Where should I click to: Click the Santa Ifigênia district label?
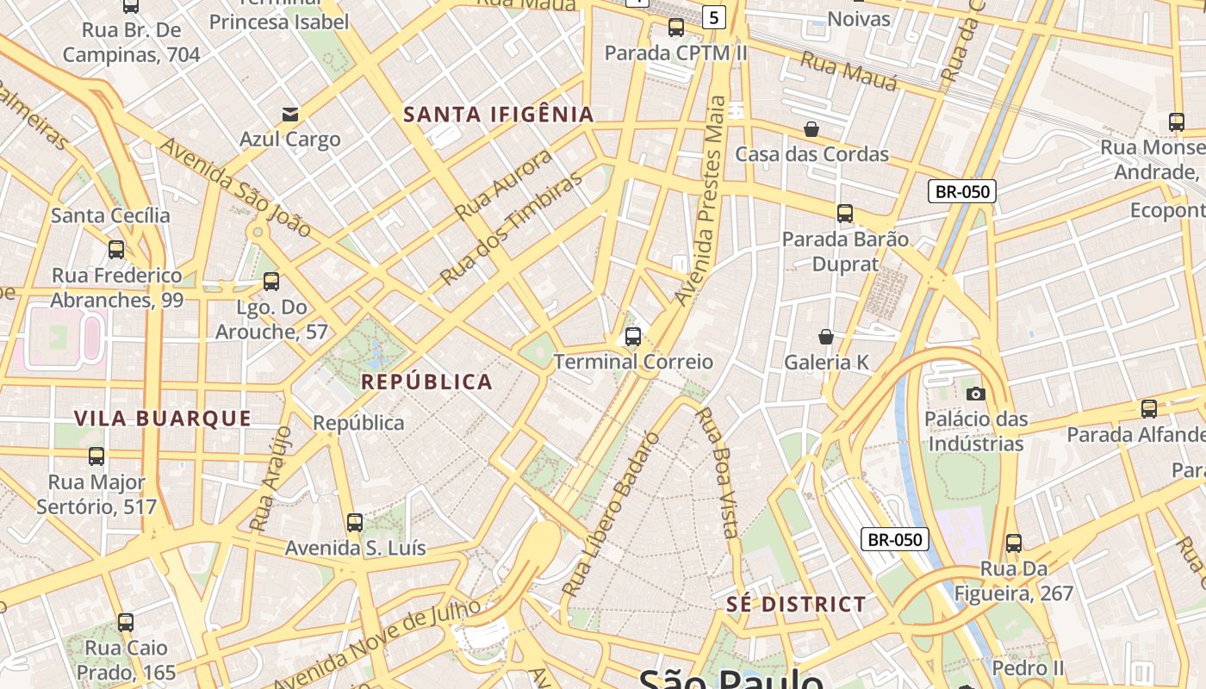coord(499,115)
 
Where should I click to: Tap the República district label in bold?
coord(426,382)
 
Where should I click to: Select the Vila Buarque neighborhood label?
coord(163,419)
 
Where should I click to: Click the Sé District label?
coord(796,604)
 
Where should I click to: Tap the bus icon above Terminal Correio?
coord(633,337)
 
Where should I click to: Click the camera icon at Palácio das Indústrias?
coord(976,394)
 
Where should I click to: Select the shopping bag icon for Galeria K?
coord(826,337)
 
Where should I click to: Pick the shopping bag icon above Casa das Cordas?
coord(811,129)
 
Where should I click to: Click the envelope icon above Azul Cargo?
coord(289,114)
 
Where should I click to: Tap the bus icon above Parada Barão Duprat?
coord(845,213)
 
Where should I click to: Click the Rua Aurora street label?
coord(503,184)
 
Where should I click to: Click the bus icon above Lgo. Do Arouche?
coord(271,281)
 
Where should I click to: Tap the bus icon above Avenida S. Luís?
coord(355,522)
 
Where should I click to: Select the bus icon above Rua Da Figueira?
coord(1014,543)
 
